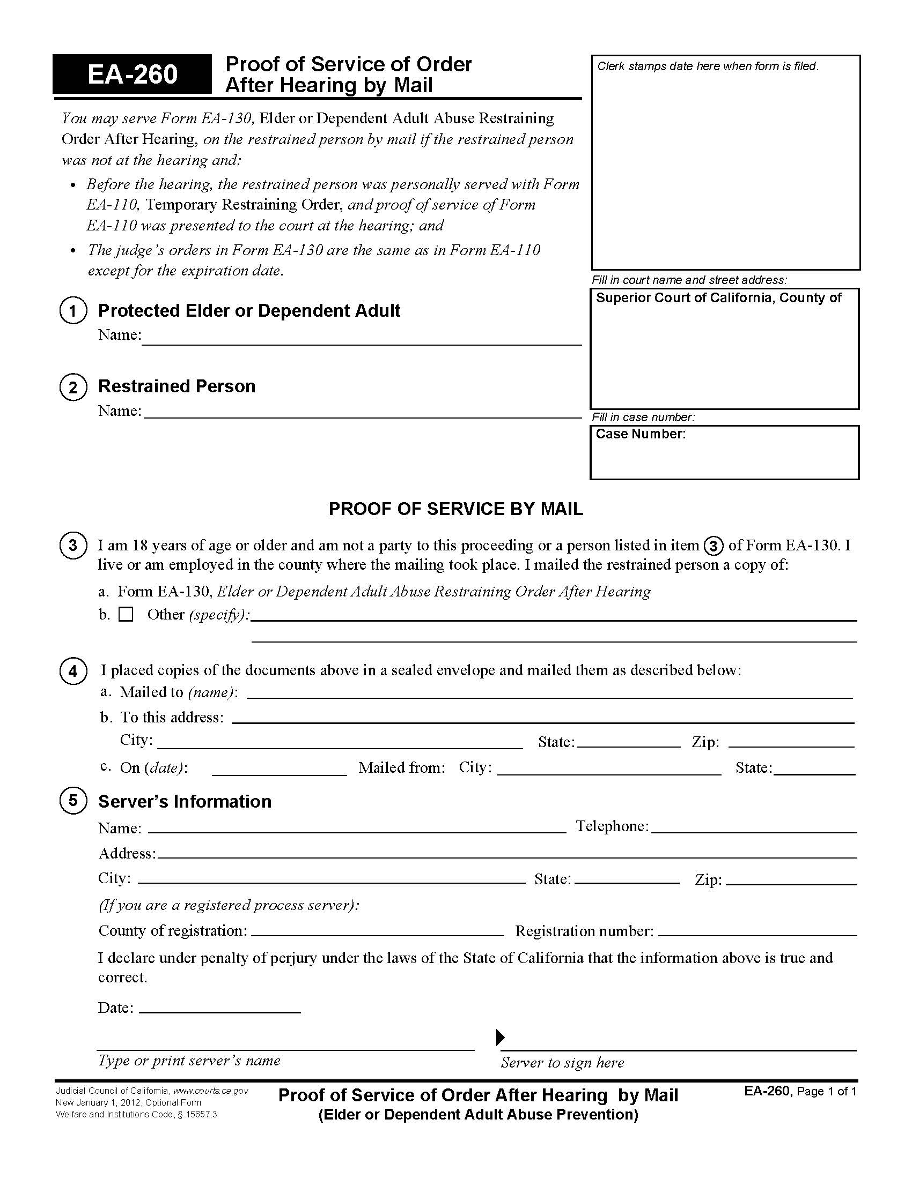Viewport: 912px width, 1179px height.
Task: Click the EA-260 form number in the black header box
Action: pyautogui.click(x=133, y=74)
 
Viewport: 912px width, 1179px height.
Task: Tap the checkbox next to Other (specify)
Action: pyautogui.click(x=126, y=614)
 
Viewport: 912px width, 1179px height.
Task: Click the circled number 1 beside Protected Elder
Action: pyautogui.click(x=73, y=311)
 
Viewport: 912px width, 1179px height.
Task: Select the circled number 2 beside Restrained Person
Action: pyautogui.click(x=73, y=387)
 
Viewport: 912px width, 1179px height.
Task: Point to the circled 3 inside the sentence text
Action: pyautogui.click(x=713, y=546)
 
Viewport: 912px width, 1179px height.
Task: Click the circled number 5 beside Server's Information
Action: pyautogui.click(x=73, y=800)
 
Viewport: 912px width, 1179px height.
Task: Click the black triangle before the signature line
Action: pyautogui.click(x=500, y=1037)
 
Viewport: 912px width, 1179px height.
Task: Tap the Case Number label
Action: pyautogui.click(x=640, y=434)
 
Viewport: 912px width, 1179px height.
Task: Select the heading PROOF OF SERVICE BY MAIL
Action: pyautogui.click(x=455, y=509)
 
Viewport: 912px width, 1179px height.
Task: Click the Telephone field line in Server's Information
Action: pyautogui.click(x=754, y=827)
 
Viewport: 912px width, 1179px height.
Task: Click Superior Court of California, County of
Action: pyautogui.click(x=718, y=298)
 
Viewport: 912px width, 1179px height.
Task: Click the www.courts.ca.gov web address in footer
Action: pyautogui.click(x=210, y=1091)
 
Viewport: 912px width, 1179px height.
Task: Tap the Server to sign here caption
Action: pyautogui.click(x=562, y=1062)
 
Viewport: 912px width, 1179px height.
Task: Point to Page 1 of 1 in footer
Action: pyautogui.click(x=826, y=1092)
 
